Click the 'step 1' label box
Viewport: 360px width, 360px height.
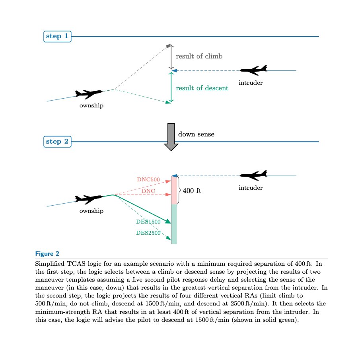pos(57,37)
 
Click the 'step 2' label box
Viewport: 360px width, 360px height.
pos(57,142)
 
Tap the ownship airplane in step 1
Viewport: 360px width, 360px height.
pos(89,94)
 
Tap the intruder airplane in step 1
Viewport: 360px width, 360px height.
pos(254,70)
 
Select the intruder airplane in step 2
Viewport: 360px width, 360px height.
pos(254,175)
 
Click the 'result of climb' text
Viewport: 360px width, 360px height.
pos(199,56)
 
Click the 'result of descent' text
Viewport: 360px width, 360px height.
pos(202,88)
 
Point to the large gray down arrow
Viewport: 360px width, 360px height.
pos(171,137)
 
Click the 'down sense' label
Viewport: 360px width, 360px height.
pos(196,134)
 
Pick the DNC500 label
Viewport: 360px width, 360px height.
pos(148,179)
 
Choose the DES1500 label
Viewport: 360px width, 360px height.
pos(148,222)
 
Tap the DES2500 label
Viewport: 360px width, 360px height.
pos(148,233)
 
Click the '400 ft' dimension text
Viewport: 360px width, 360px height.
pos(192,191)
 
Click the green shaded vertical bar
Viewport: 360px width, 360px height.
pos(174,224)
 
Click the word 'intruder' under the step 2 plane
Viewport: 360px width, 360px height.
pos(251,188)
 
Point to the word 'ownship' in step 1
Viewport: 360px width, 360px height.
pos(91,106)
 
